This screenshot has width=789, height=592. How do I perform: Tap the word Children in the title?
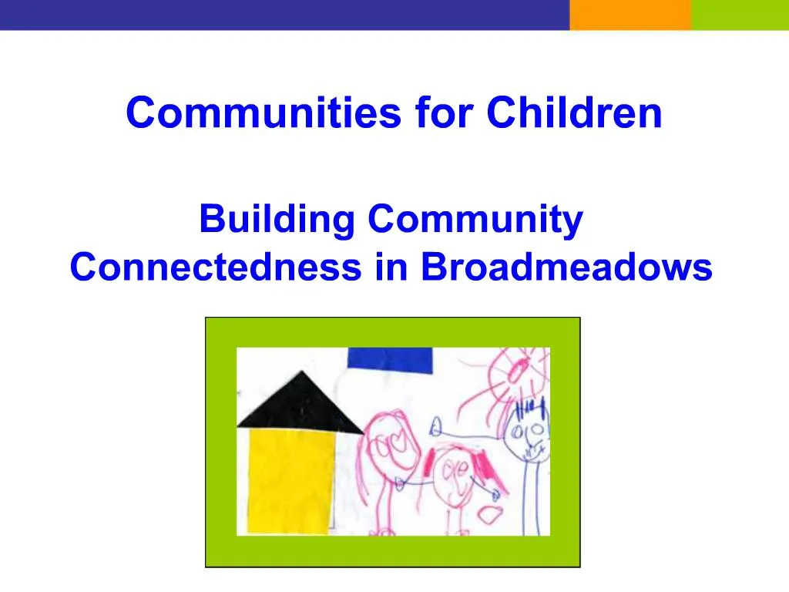574,113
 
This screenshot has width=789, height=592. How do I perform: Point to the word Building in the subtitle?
276,220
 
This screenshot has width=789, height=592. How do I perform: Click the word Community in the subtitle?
475,220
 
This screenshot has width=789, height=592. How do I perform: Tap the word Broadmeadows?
566,267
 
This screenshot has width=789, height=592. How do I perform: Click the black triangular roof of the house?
298,402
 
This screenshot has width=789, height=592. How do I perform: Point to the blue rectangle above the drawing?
389,359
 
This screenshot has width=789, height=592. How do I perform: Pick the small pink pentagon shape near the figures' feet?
488,514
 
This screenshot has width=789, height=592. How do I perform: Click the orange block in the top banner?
630,15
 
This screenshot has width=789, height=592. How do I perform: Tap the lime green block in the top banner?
740,15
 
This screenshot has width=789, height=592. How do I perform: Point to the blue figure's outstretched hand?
437,425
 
